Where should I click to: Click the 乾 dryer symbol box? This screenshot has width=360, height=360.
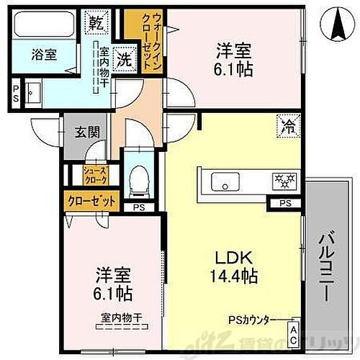pyautogui.click(x=96, y=22)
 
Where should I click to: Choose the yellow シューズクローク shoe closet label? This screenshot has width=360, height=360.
pyautogui.click(x=95, y=174)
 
